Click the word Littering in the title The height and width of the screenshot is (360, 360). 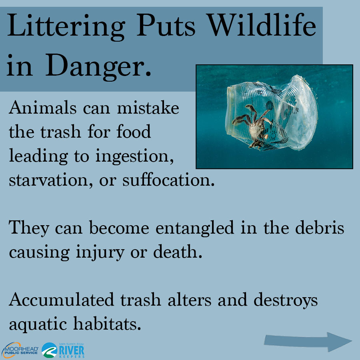click(x=66, y=28)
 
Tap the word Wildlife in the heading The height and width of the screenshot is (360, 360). click(x=261, y=25)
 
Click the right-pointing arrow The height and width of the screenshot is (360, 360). click(x=308, y=342)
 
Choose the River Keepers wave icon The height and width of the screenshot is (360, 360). click(x=49, y=350)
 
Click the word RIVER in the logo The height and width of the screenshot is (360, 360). click(x=72, y=350)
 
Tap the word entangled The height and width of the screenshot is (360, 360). click(x=195, y=228)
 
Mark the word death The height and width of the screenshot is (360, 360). click(x=178, y=251)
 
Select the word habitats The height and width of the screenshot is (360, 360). click(x=107, y=323)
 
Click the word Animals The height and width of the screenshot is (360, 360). click(x=42, y=108)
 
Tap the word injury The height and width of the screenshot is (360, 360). click(x=100, y=252)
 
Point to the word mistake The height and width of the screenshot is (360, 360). click(x=148, y=108)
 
